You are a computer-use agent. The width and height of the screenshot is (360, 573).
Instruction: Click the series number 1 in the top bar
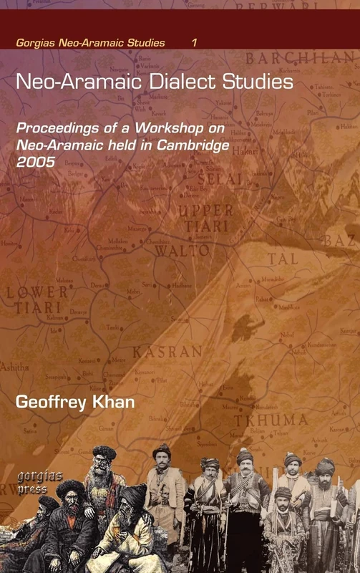click(x=194, y=43)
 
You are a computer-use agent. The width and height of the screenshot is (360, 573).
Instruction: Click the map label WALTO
click(x=183, y=251)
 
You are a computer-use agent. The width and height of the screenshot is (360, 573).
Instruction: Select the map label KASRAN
click(x=168, y=352)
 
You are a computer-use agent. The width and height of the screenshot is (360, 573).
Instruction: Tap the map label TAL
click(x=283, y=259)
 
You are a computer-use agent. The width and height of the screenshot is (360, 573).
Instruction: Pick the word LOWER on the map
click(x=37, y=292)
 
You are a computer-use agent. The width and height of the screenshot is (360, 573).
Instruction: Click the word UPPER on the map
click(x=205, y=211)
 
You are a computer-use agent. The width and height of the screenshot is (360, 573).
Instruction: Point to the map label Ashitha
click(x=15, y=367)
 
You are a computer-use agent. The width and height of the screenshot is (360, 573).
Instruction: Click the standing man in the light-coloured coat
click(x=164, y=494)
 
